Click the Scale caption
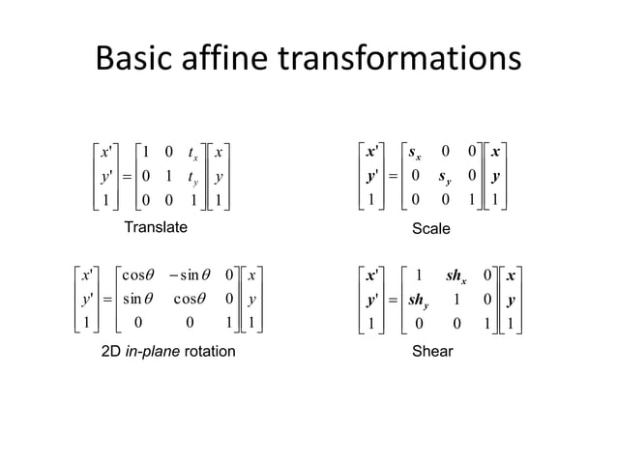pyautogui.click(x=431, y=228)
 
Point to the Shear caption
pyautogui.click(x=431, y=351)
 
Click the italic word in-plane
pyautogui.click(x=149, y=351)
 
